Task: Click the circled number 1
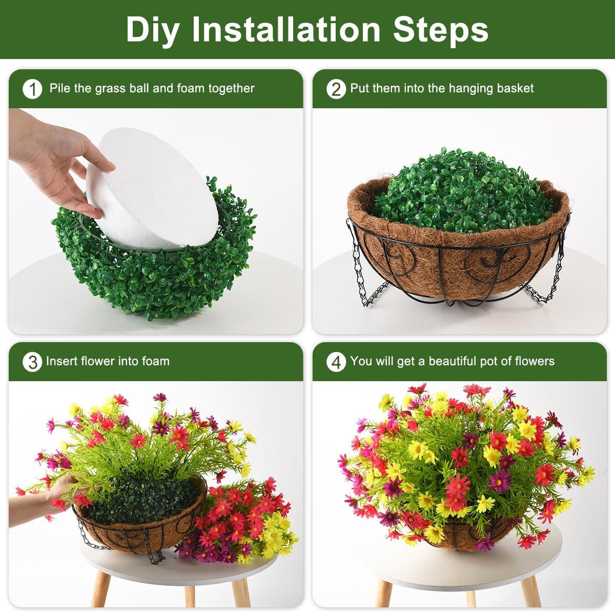(x=32, y=89)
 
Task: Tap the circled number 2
(x=336, y=89)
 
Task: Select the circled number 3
(x=32, y=362)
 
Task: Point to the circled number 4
(x=336, y=362)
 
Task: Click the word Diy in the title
(x=152, y=30)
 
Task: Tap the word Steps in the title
(x=440, y=30)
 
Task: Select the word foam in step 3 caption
(x=156, y=361)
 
